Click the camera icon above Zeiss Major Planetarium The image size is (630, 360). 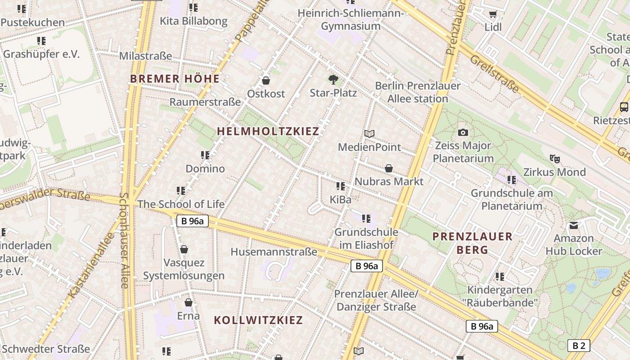[463, 132]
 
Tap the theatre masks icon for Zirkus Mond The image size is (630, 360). [554, 158]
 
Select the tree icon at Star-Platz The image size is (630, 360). [333, 80]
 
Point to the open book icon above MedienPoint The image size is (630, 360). [369, 134]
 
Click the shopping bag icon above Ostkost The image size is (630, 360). [266, 81]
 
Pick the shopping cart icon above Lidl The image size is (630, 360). [493, 14]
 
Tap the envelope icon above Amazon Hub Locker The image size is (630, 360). [574, 225]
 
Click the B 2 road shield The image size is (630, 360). [578, 346]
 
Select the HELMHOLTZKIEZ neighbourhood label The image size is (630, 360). [268, 131]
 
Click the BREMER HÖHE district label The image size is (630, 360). [175, 79]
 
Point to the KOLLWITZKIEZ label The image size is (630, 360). [258, 320]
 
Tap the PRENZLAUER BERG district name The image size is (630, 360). [472, 243]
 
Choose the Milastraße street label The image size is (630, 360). [145, 56]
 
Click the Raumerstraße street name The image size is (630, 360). [205, 102]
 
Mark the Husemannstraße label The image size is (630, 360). [274, 252]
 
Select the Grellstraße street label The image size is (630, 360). [494, 74]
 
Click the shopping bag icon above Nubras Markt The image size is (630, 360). [389, 168]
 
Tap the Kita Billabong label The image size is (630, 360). [193, 21]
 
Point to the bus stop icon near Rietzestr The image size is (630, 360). [624, 107]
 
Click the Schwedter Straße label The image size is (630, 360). [46, 349]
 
